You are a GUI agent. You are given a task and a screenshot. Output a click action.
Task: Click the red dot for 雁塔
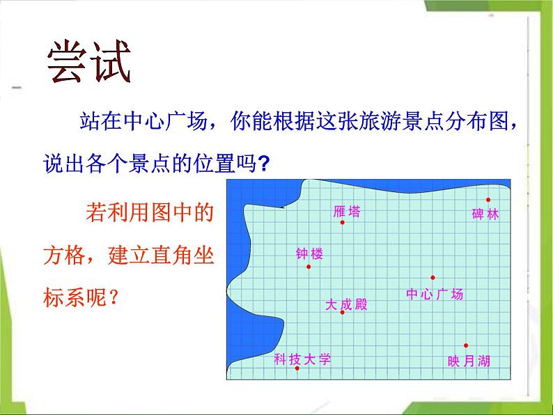point(342,222)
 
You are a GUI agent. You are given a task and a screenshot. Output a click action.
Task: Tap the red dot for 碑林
point(488,200)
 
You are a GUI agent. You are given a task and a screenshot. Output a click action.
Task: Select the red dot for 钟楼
point(309,267)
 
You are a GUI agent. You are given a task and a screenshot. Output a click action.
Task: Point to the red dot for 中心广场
point(433,278)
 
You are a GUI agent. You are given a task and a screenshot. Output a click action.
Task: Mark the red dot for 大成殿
point(342,312)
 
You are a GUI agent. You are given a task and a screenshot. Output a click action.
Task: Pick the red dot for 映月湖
point(466,345)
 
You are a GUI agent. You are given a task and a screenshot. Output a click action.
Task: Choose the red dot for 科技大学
point(297,368)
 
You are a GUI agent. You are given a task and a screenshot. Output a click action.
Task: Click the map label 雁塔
point(347,212)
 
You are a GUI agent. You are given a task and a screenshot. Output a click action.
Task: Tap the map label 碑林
point(485,214)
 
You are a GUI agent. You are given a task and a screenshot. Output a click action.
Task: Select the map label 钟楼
point(309,253)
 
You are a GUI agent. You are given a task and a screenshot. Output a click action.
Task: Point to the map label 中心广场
point(435,294)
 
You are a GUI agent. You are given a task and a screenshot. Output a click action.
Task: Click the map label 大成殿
point(346,304)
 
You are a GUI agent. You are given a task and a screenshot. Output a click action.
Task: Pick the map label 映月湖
point(469,361)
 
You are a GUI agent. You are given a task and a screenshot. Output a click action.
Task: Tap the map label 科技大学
point(302,359)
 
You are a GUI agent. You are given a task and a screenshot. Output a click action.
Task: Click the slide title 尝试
point(89,61)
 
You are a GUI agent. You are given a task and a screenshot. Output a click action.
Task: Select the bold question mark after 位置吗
point(263,163)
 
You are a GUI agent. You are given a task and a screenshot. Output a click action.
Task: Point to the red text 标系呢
point(75,297)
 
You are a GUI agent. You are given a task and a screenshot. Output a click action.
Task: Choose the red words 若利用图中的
point(150,212)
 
